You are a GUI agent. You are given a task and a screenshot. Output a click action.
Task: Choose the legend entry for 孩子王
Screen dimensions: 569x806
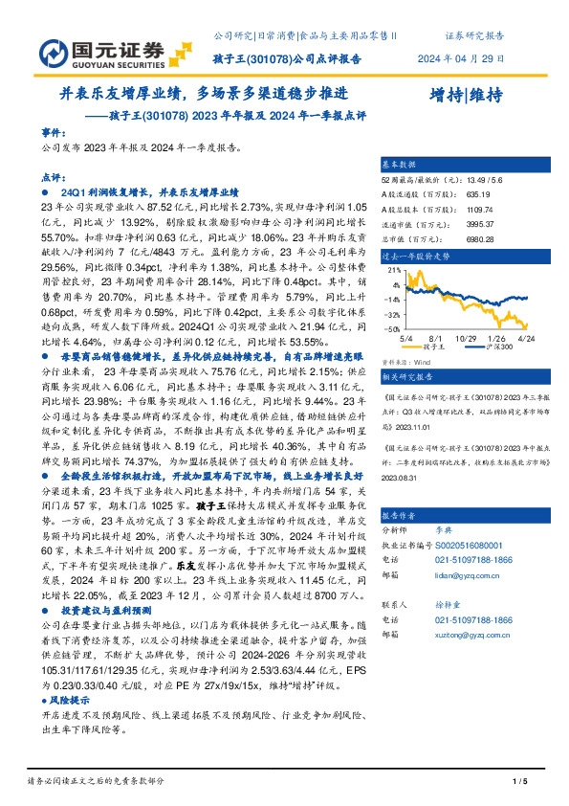point(441,347)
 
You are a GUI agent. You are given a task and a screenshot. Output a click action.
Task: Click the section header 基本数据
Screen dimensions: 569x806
point(399,165)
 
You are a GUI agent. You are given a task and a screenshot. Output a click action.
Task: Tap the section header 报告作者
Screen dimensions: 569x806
point(399,513)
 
